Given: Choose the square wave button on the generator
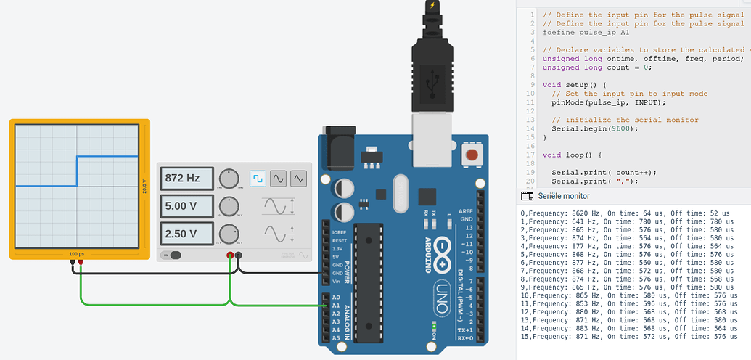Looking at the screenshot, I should coord(258,178).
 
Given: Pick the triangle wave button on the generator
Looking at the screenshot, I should coord(299,178).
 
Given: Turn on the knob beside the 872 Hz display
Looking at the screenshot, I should coord(229,179).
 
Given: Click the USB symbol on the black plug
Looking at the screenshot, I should coord(433,79).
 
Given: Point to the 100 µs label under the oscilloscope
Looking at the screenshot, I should coord(78,254).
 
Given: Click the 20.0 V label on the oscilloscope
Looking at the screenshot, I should coord(144,186).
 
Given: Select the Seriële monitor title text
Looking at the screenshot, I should coord(563,196).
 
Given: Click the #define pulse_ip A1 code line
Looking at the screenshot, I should coord(586,32).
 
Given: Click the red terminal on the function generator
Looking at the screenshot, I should coord(230,255).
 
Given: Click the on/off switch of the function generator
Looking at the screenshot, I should coord(173,255).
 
